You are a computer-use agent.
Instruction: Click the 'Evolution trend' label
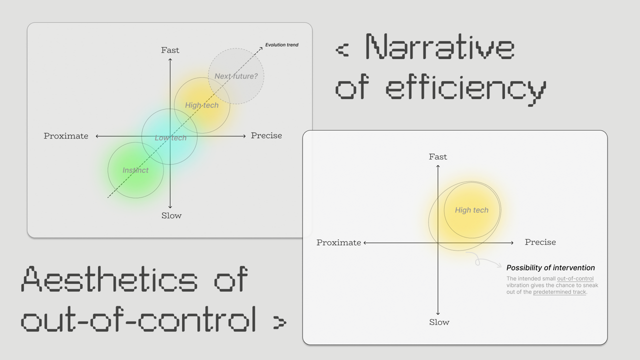point(281,45)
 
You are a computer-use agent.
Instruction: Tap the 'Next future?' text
point(236,76)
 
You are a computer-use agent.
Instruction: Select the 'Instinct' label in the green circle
point(135,170)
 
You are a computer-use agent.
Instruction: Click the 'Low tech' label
point(170,138)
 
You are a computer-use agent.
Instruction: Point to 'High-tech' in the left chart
point(201,105)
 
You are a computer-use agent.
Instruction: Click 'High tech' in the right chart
point(471,210)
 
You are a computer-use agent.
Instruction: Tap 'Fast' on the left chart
point(170,50)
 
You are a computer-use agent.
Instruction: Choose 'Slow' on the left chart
point(171,215)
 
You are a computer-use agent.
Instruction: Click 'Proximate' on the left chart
point(66,136)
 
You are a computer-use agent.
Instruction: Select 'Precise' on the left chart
point(266,135)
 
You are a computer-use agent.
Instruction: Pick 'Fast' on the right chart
point(438,156)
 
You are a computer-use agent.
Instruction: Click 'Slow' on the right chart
point(439,322)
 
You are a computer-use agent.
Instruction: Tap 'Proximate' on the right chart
point(338,242)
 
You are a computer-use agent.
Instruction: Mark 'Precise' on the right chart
point(540,242)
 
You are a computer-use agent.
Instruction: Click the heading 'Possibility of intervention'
point(550,267)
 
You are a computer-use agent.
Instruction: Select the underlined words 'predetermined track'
point(559,292)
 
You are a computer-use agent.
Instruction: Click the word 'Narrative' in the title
point(440,47)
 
